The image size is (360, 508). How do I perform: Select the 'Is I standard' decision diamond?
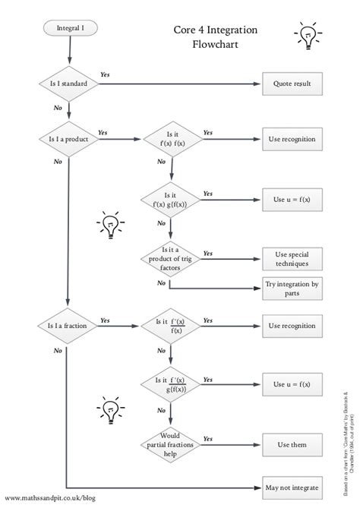click(x=69, y=84)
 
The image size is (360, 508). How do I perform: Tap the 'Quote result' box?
click(x=291, y=84)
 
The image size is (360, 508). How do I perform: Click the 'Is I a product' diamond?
click(x=69, y=139)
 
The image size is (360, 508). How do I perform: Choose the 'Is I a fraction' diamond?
click(x=69, y=326)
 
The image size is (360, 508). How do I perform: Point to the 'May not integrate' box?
click(x=291, y=487)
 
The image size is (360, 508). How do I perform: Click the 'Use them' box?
click(x=291, y=445)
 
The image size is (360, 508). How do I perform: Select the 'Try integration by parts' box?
click(x=291, y=288)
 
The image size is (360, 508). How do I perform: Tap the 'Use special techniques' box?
click(x=291, y=259)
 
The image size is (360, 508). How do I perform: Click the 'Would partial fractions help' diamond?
click(x=170, y=445)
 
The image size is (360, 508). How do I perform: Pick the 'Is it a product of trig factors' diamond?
click(x=170, y=259)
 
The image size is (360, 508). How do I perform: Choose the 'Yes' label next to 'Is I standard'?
click(x=105, y=75)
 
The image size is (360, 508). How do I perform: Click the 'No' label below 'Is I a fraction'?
click(x=58, y=350)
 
